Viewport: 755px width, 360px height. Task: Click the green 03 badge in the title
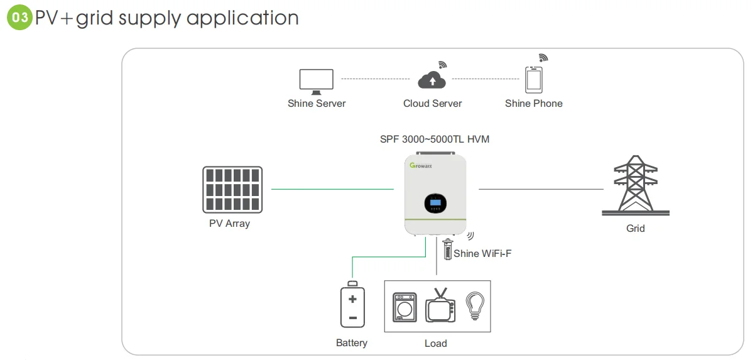tap(19, 18)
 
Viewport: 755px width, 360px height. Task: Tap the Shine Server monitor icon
tap(316, 80)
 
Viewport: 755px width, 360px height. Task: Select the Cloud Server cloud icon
tap(432, 80)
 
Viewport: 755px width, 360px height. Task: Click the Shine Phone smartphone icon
tap(533, 80)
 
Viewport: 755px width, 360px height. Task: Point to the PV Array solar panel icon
tap(232, 189)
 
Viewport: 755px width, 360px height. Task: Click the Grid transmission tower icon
tap(636, 185)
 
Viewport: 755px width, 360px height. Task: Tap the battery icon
tap(352, 306)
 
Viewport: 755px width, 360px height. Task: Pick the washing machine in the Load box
tap(405, 307)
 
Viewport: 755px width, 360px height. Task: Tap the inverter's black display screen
tap(435, 203)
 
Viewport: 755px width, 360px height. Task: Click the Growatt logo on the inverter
tap(421, 165)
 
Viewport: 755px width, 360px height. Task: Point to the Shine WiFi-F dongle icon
tap(447, 249)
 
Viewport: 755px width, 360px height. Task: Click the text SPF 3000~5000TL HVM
tap(434, 139)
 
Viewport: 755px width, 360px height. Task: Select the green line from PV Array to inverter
tap(332, 188)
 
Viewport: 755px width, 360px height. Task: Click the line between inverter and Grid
tap(541, 188)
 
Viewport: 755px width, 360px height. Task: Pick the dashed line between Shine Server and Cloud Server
tap(374, 79)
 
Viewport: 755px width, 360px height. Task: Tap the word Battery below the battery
tap(352, 343)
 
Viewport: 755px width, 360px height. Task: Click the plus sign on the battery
tap(352, 299)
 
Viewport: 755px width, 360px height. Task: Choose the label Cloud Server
tap(432, 103)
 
